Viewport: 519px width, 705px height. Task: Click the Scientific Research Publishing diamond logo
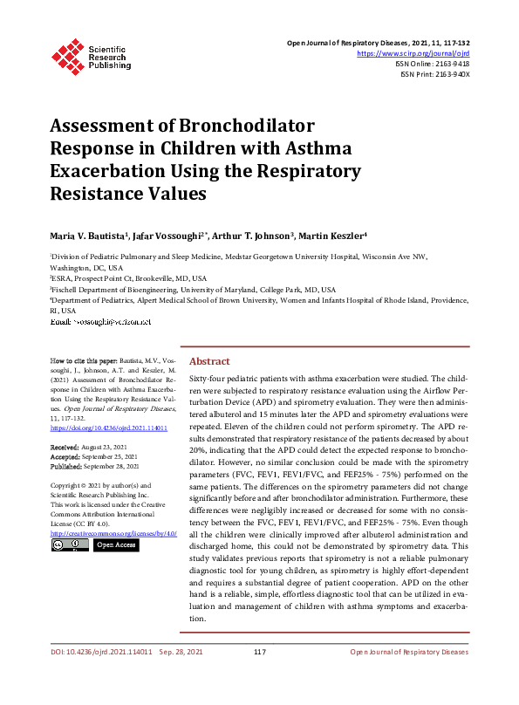coord(67,53)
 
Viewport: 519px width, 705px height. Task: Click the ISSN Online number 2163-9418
coord(451,64)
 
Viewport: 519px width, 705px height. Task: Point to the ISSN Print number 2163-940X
coord(451,75)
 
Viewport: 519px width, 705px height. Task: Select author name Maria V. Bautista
coord(86,236)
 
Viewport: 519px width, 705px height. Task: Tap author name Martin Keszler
coord(333,236)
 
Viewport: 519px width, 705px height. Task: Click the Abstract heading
coord(209,361)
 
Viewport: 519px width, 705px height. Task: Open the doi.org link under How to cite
coord(109,428)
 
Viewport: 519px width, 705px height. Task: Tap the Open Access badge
coord(115,545)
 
